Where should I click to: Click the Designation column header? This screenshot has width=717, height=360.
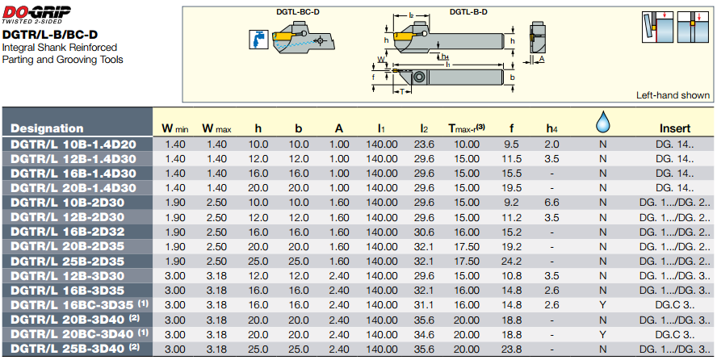tap(47, 128)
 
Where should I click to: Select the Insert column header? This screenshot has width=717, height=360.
tap(675, 128)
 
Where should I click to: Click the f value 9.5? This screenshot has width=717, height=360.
tap(511, 144)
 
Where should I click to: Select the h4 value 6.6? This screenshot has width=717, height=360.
tap(551, 202)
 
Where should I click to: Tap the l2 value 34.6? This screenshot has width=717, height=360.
tap(425, 333)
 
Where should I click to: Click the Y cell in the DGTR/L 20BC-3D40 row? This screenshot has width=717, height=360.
tap(602, 333)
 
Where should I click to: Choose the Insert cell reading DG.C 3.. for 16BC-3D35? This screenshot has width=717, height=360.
tap(674, 304)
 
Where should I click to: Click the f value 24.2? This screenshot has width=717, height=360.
tap(511, 261)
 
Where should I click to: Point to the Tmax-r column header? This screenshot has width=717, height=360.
tap(466, 128)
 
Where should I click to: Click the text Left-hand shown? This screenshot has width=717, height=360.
tap(673, 95)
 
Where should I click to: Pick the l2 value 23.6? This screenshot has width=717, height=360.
tap(425, 144)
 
